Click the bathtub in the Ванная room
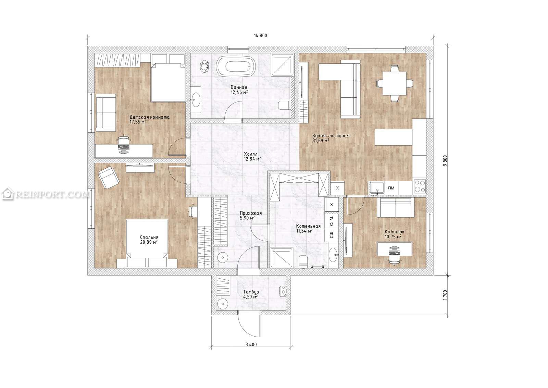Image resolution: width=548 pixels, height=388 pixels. (x=236, y=66)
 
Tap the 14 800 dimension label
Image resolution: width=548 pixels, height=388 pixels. (x=260, y=36)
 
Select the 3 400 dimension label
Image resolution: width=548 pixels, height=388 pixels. (x=251, y=344)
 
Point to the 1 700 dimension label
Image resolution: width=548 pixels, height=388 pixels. (x=445, y=295)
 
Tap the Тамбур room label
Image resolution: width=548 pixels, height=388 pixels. (x=251, y=292)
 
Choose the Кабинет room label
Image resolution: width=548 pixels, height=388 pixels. (x=394, y=232)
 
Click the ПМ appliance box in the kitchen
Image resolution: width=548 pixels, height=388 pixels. (x=391, y=188)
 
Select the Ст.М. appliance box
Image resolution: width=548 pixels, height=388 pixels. (x=332, y=221)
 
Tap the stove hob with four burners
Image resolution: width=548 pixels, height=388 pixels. (x=420, y=186)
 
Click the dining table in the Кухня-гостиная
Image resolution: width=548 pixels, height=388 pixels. (x=395, y=83)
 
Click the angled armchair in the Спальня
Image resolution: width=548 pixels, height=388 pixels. (x=109, y=177)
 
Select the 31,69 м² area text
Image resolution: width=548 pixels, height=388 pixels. (x=321, y=141)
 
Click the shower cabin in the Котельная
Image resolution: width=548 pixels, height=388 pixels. (x=282, y=258)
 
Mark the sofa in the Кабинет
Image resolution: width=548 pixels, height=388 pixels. (x=396, y=208)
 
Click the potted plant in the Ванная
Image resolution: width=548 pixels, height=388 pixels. (x=205, y=67)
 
